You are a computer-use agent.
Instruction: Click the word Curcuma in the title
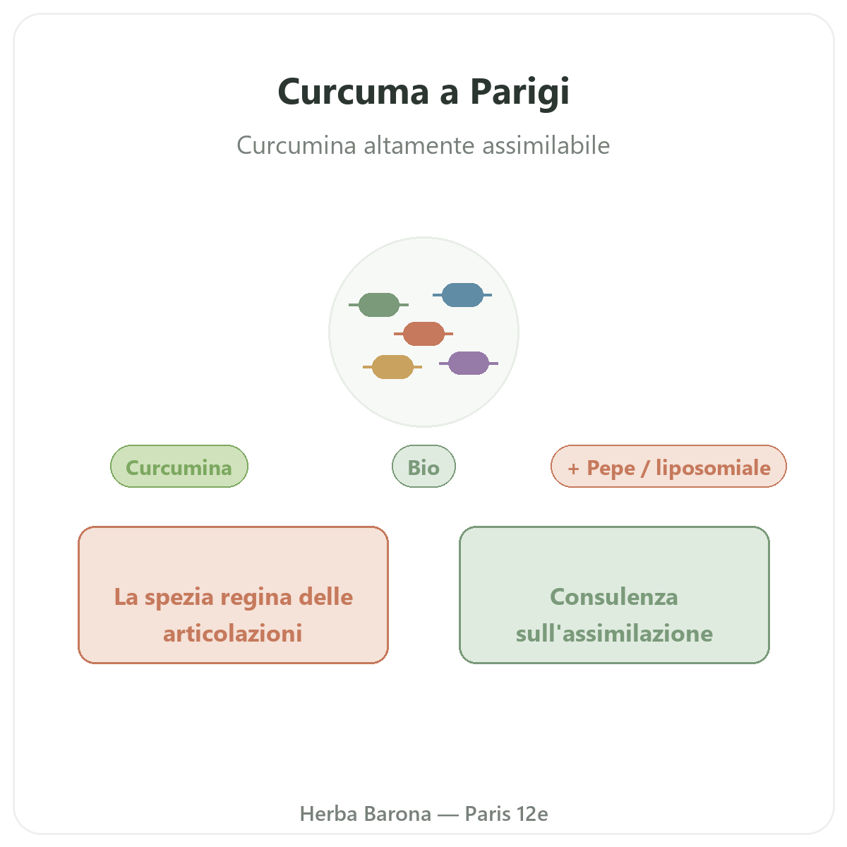click(x=353, y=92)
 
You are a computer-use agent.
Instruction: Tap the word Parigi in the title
click(x=520, y=92)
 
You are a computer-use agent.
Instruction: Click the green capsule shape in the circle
click(x=378, y=305)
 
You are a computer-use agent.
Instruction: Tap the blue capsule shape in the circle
click(x=462, y=295)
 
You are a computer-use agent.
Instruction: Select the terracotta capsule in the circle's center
click(x=423, y=334)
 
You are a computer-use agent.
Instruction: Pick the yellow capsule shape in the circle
click(x=392, y=367)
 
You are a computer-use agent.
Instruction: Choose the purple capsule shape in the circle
click(x=469, y=363)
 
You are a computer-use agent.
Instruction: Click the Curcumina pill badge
click(x=179, y=467)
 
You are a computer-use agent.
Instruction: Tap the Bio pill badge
click(x=423, y=467)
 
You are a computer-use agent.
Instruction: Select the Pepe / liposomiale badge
click(x=668, y=467)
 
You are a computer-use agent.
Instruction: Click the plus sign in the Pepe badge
click(x=573, y=469)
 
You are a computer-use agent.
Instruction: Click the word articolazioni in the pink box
click(x=232, y=634)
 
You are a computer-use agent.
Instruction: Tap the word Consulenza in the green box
click(x=614, y=597)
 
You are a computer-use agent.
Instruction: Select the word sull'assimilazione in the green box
click(x=615, y=634)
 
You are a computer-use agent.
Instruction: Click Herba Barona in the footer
click(x=365, y=814)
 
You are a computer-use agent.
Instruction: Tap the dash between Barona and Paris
click(x=448, y=815)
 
